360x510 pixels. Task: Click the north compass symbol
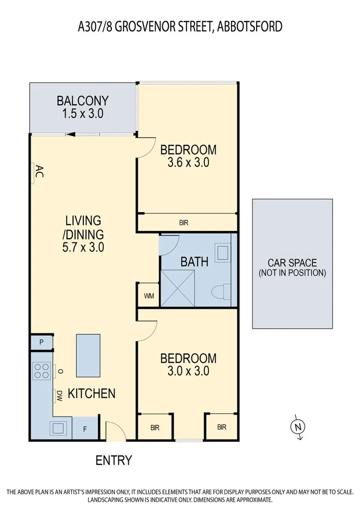click(298, 427)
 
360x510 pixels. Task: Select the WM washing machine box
click(149, 296)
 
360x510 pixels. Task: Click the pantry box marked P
click(42, 342)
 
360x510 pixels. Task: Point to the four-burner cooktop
click(42, 370)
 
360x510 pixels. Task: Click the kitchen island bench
click(88, 356)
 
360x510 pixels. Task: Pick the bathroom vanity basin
click(222, 253)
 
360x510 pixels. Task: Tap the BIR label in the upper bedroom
click(184, 223)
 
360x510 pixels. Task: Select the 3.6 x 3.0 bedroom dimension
click(188, 163)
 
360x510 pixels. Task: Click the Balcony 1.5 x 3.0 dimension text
click(83, 113)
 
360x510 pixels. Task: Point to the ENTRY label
click(114, 460)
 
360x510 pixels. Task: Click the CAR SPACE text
click(292, 263)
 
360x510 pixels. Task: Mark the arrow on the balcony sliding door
click(70, 135)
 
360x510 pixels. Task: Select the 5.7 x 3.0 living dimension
click(84, 246)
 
